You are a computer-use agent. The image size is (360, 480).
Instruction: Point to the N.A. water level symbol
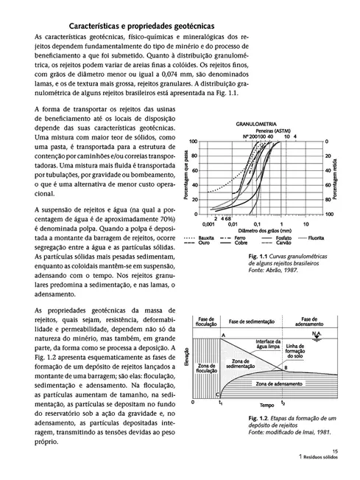tap(314, 333)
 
